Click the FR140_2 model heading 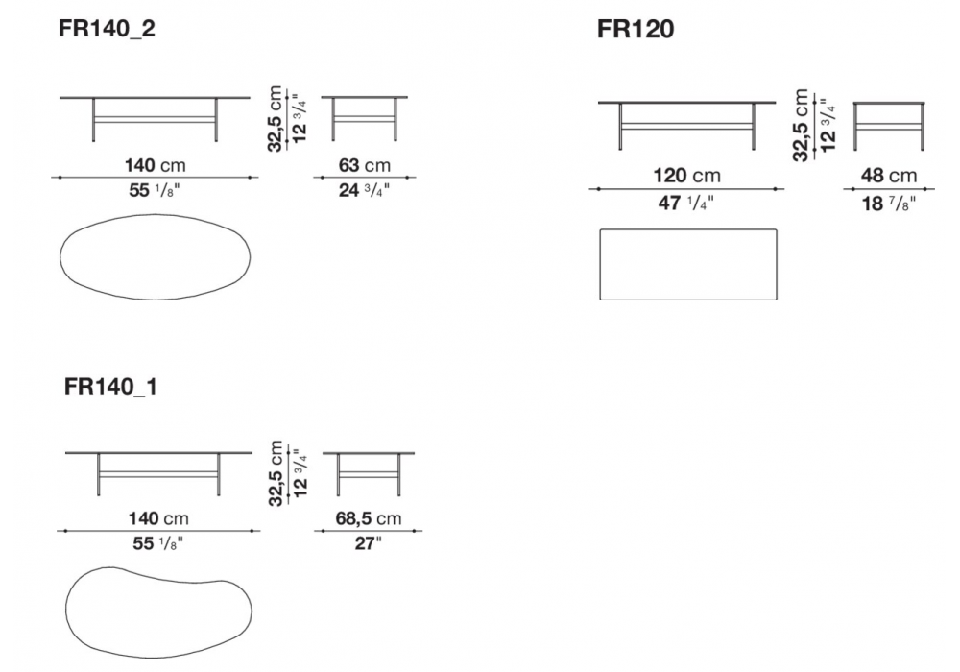107,29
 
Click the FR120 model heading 636,29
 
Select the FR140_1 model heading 110,387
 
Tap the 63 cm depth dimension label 364,165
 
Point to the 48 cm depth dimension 888,176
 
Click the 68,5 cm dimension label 368,518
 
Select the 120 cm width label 686,176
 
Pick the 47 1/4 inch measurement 685,203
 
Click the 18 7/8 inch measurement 888,204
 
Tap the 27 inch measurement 368,543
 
